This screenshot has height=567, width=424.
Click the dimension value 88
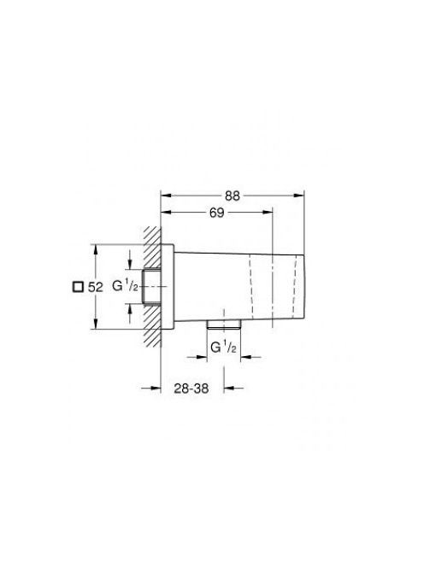[233, 196]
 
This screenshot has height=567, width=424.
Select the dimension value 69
[217, 213]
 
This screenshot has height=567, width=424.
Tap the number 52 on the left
[96, 288]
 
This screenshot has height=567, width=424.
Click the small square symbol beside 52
[78, 287]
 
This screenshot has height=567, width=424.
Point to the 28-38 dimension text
[191, 389]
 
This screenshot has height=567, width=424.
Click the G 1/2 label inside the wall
[125, 286]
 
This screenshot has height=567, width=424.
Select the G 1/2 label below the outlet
[224, 348]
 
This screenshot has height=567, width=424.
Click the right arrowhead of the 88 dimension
[299, 196]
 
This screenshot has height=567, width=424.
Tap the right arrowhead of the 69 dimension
[268, 213]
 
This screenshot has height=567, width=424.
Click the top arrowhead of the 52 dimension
[96, 249]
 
